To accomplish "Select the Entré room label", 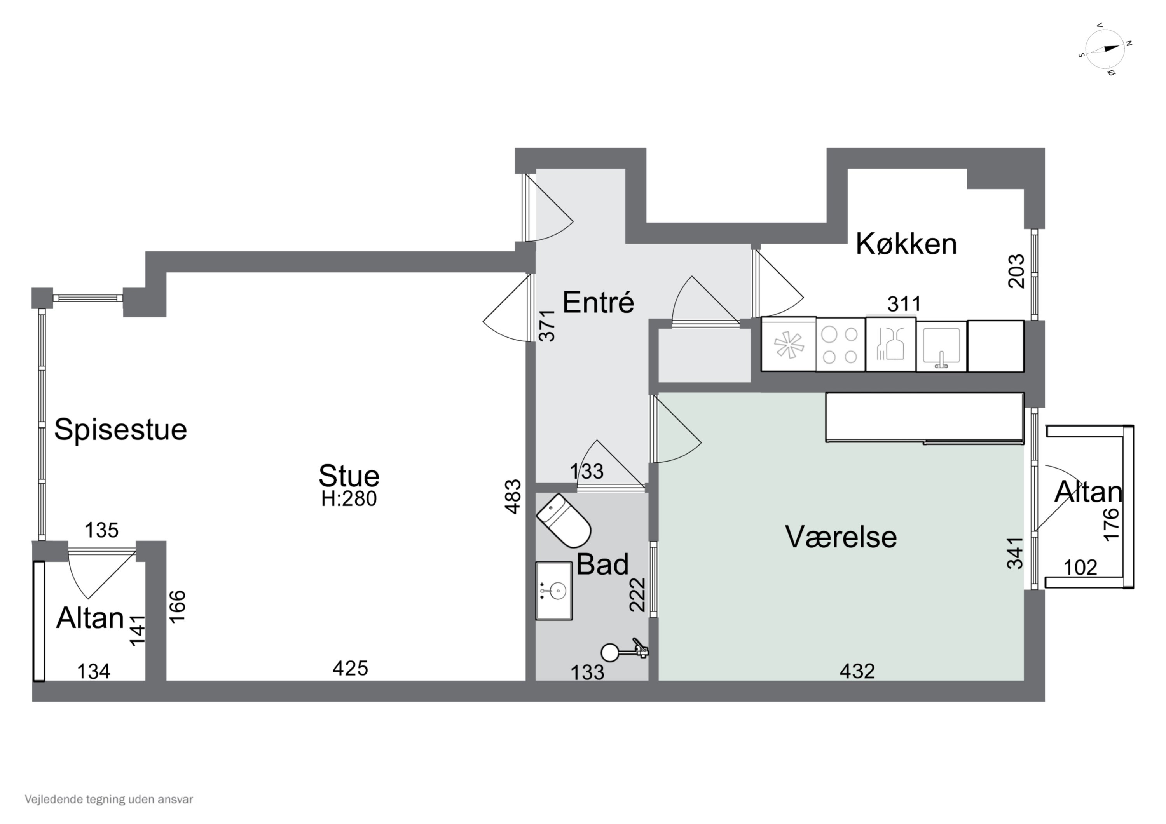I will (x=598, y=303).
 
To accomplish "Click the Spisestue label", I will (x=120, y=430).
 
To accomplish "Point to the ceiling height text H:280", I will (x=349, y=499).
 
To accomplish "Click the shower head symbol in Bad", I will (x=610, y=652).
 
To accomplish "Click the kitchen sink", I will (x=941, y=346).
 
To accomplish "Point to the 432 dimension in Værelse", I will (x=857, y=671).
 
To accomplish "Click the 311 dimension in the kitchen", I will (x=904, y=304).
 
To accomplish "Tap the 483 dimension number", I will (x=513, y=496).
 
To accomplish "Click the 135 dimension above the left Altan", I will (x=101, y=530).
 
